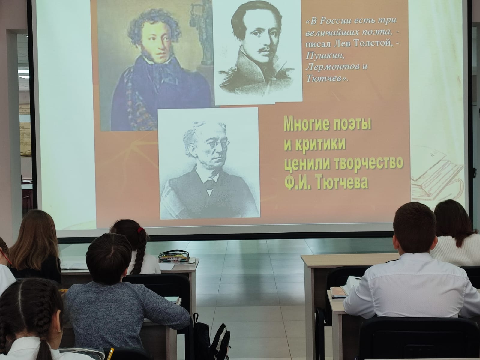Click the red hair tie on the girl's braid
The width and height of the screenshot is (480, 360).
click(141, 230)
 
